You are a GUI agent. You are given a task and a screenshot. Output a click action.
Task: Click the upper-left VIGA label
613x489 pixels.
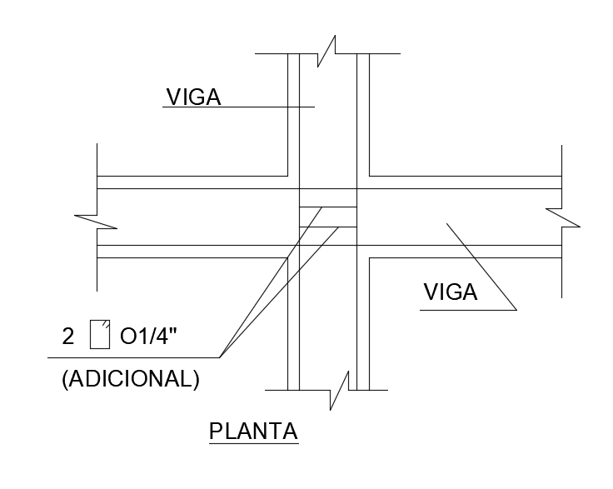(193, 97)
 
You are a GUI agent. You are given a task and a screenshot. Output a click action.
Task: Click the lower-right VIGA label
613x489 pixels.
(450, 292)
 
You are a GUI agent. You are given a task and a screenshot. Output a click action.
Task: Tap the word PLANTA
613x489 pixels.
(253, 432)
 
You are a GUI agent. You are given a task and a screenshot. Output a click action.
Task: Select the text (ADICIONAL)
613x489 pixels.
(130, 379)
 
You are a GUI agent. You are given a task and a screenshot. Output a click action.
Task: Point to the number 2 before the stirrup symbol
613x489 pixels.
(68, 337)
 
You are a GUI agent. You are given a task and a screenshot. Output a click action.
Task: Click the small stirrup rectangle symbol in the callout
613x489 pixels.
(100, 333)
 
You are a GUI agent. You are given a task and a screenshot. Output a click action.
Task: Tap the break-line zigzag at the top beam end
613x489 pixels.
(326, 52)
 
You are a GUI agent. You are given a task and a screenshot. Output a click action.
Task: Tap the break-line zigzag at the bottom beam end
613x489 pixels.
(339, 389)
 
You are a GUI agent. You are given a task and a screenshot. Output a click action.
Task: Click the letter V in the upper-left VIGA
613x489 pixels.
(173, 97)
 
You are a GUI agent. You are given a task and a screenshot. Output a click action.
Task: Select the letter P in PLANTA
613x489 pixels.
(215, 432)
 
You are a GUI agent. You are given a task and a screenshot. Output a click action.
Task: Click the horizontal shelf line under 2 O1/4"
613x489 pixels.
(133, 357)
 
